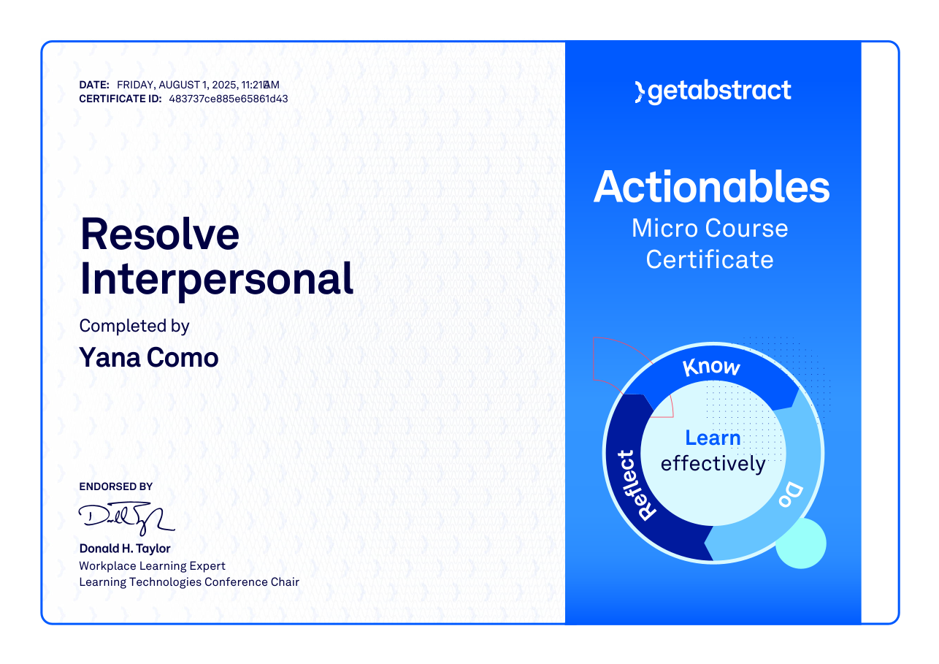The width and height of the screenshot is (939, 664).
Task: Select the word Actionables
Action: pos(711,187)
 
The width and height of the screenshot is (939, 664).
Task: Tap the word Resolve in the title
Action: pos(159,234)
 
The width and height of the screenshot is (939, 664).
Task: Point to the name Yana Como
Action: pos(149,358)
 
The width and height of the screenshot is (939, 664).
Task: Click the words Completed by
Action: pos(134,327)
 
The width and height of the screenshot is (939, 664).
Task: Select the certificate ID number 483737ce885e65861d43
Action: pos(229,99)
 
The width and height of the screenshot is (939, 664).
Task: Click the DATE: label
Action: pos(94,85)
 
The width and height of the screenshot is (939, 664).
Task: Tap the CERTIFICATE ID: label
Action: pos(120,99)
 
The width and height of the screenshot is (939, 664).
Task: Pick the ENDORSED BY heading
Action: pos(115,486)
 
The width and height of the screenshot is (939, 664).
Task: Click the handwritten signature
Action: pos(126,518)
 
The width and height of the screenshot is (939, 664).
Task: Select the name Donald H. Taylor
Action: pos(125,549)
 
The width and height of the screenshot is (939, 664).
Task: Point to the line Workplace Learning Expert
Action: pos(152,566)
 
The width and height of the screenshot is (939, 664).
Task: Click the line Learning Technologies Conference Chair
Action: pos(189,582)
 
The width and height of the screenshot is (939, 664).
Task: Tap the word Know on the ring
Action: pos(711,367)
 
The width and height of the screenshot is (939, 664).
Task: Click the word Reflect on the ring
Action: pos(636,485)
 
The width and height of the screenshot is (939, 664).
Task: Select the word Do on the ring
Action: pos(792,495)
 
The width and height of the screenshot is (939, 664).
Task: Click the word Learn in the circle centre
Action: pos(713,438)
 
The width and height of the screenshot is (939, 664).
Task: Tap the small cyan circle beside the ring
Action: pos(801,543)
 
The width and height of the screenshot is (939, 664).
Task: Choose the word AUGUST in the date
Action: pos(179,85)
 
